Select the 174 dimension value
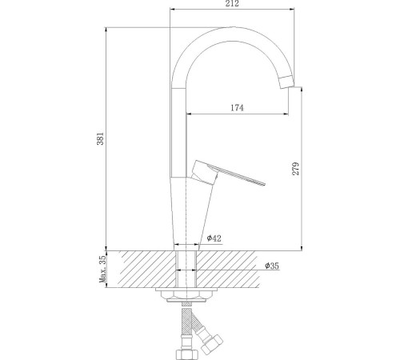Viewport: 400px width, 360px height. coord(236,108)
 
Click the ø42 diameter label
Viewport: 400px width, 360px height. coord(213,239)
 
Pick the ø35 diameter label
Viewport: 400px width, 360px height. coord(270,266)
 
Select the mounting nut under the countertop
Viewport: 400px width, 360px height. coord(186,297)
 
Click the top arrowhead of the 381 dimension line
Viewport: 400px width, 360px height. coord(107,30)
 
